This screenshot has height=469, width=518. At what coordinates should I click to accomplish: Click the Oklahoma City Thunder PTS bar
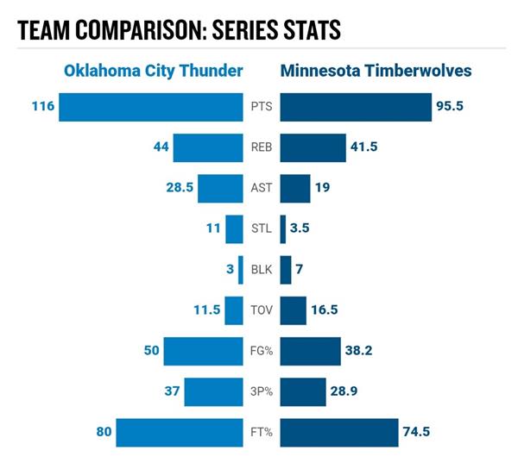151,108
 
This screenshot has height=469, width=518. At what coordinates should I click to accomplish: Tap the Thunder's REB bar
208,147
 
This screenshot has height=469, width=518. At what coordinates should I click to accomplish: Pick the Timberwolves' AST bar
295,188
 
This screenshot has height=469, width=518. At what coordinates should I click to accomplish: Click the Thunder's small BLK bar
241,269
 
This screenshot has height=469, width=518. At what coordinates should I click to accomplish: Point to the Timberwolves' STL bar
283,228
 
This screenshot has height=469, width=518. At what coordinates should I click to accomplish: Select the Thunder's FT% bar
180,431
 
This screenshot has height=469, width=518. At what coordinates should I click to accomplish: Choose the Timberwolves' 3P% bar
303,391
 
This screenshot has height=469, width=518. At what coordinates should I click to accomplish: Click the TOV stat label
262,310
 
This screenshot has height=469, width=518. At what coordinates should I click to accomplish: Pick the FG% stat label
262,351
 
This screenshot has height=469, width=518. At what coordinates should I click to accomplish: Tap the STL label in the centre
262,228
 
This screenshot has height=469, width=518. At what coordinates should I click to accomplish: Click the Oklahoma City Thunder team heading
153,71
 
